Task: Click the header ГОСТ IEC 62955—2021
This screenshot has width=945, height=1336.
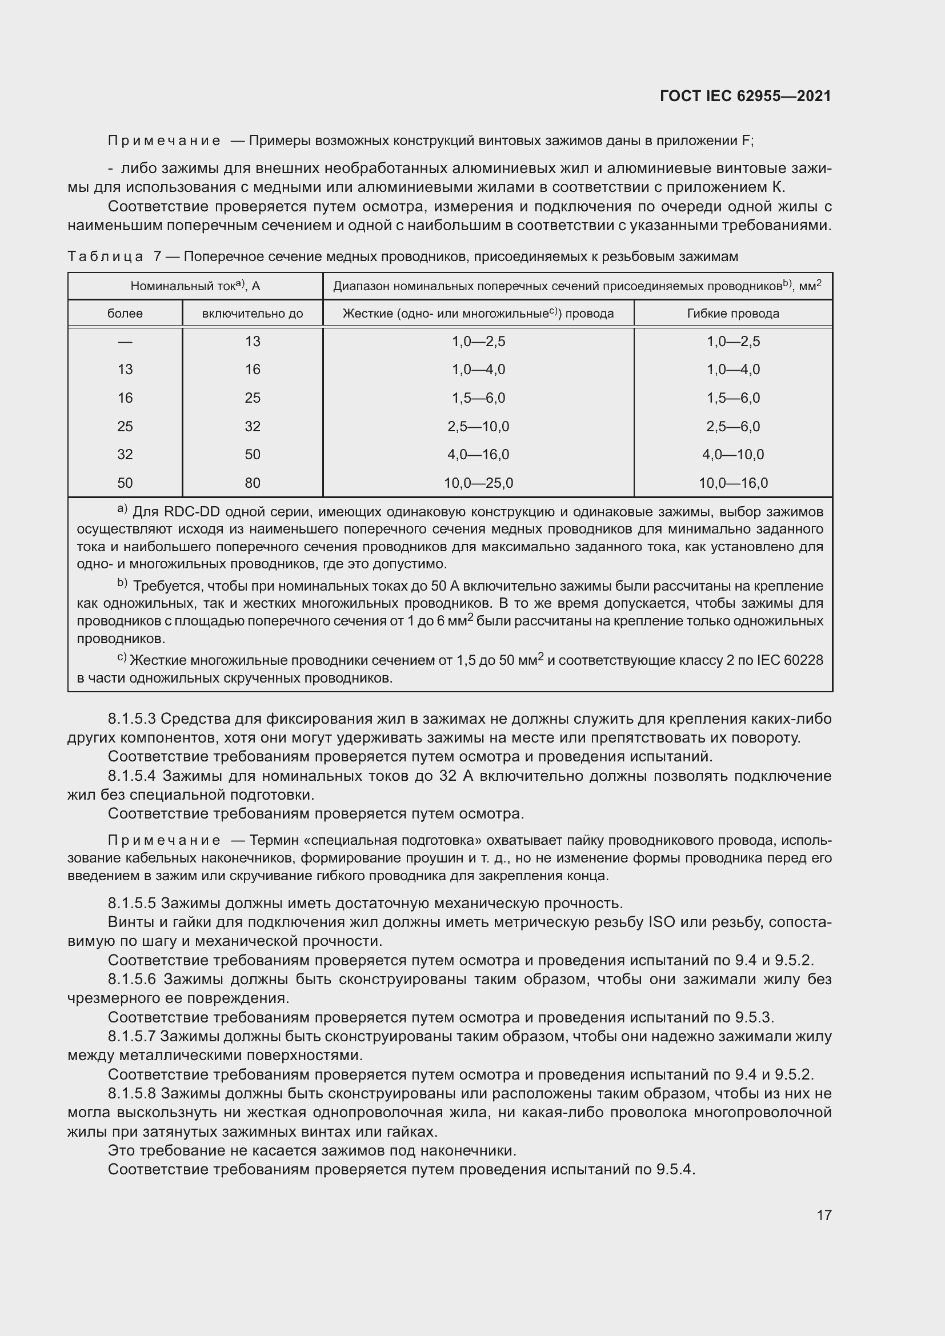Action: (x=745, y=96)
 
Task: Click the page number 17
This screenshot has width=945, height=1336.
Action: (x=823, y=1215)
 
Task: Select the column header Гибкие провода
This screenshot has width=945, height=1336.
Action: (x=732, y=314)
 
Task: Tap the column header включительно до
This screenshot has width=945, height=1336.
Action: (x=252, y=314)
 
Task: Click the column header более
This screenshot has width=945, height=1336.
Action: (x=125, y=314)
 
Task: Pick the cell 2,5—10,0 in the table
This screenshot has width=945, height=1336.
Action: (x=478, y=427)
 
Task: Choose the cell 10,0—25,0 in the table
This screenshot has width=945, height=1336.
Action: (x=478, y=483)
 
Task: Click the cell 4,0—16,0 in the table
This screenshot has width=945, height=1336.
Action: (x=478, y=455)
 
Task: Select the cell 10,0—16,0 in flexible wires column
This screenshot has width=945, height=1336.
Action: (x=732, y=483)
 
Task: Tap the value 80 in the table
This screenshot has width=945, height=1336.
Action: (x=252, y=483)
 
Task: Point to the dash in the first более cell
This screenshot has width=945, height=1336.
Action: (x=125, y=342)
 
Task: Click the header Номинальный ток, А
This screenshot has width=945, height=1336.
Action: (x=195, y=286)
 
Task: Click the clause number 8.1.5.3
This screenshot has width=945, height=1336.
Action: (x=131, y=719)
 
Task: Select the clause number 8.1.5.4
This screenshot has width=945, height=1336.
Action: (x=131, y=776)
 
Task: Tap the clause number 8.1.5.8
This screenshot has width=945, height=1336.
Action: (x=131, y=1093)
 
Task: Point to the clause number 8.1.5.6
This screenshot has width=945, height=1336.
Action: (x=131, y=980)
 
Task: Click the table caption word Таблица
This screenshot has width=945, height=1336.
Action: (x=105, y=256)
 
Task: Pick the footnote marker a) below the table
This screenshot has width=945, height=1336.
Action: (x=122, y=509)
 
